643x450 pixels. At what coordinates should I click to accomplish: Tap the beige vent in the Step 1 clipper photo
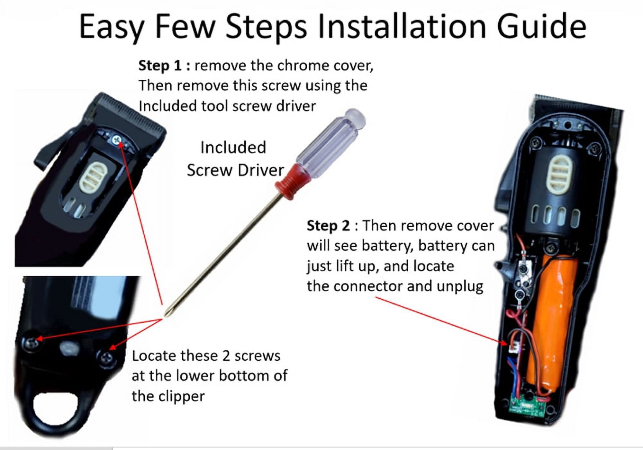click(x=91, y=175)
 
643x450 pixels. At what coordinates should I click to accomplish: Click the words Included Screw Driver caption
click(x=235, y=159)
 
